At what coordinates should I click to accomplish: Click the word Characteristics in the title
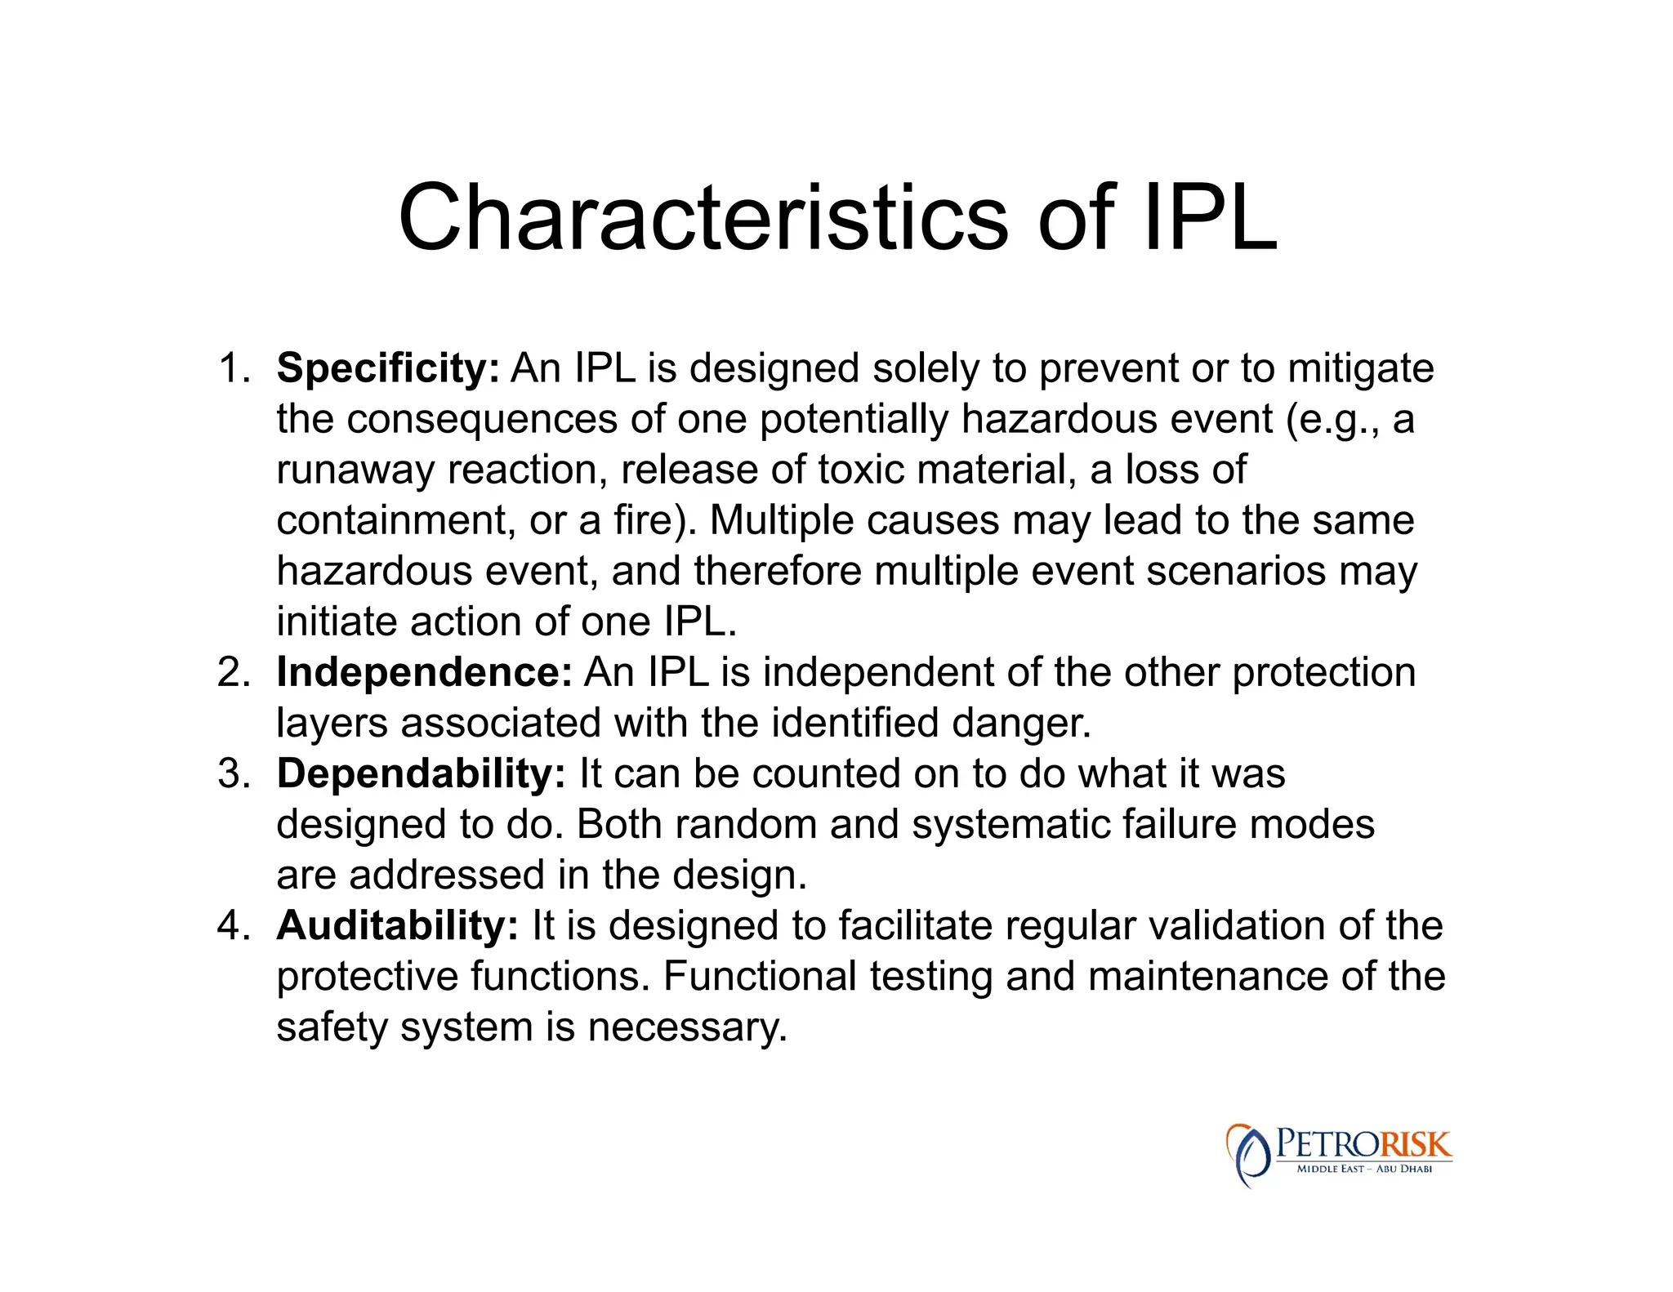(703, 218)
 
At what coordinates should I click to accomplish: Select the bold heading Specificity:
(387, 368)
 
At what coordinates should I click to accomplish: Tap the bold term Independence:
(424, 673)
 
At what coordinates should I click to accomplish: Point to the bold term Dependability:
(421, 773)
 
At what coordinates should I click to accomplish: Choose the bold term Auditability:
(397, 926)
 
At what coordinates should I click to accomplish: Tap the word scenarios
(1235, 571)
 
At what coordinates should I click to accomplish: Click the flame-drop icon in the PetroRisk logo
(1247, 1155)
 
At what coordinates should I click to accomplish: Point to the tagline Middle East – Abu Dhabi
(1364, 1169)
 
